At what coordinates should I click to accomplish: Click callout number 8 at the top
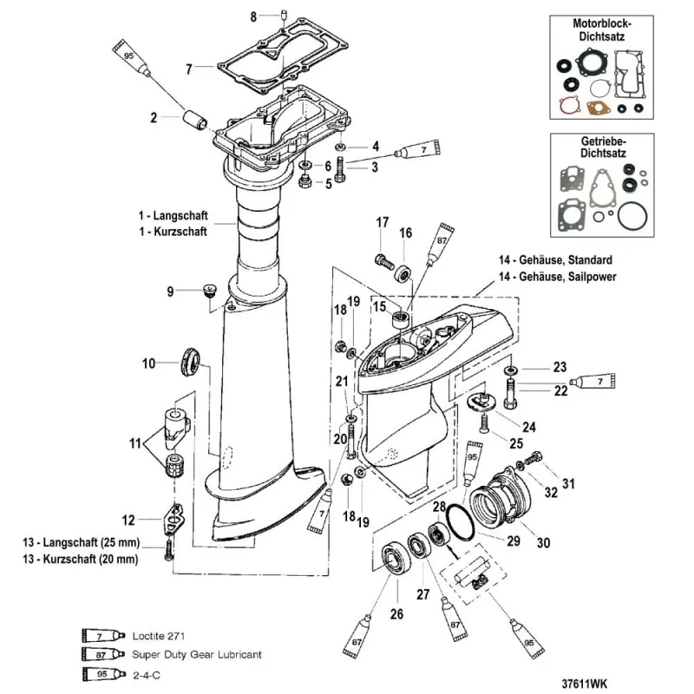pos(254,16)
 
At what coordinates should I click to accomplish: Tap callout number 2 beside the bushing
pos(154,117)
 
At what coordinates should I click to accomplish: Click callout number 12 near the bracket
pos(128,520)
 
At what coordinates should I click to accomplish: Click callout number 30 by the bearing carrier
pos(544,543)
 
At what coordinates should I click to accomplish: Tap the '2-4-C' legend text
pos(147,672)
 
